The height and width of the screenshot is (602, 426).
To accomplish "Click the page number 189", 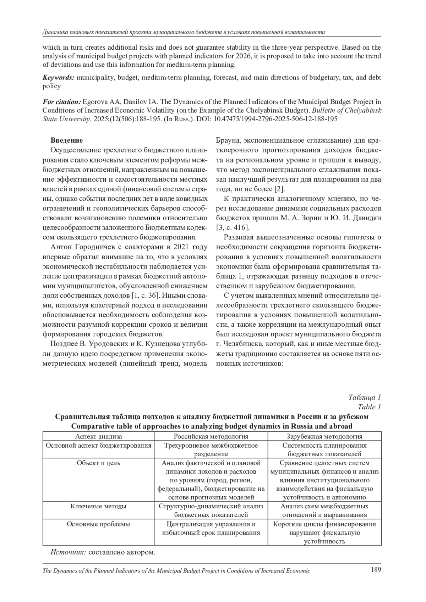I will [376, 570].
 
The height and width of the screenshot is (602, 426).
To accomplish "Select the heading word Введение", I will [67, 140].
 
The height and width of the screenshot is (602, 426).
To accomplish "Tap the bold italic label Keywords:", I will [59, 77].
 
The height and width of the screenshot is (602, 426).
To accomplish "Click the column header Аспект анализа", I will [98, 437].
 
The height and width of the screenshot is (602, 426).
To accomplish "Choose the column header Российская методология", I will [211, 437].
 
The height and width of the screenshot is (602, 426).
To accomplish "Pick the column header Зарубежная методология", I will [324, 437].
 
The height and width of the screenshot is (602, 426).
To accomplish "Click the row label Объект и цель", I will [98, 463].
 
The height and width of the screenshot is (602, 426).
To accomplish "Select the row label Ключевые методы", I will [98, 506].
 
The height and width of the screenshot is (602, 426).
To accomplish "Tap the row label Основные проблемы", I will [98, 524].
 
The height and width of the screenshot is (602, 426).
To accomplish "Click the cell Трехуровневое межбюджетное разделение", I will [211, 449].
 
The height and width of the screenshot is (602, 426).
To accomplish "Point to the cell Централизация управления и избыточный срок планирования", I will [211, 528].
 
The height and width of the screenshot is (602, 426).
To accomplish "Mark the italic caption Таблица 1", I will [365, 397].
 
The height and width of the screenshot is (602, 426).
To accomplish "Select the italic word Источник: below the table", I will [68, 552].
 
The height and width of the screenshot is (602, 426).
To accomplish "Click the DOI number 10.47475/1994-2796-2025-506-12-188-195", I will [275, 119].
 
